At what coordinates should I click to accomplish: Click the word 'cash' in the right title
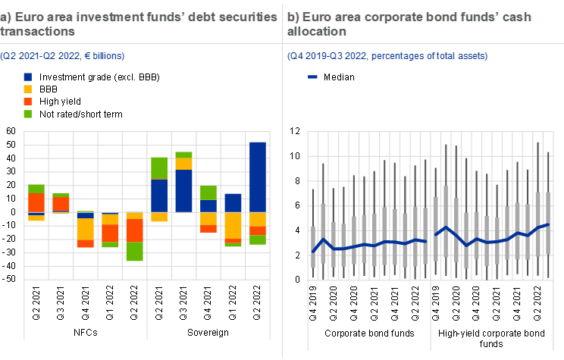[x=518, y=17]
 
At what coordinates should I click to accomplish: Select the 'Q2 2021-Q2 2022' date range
[x=39, y=56]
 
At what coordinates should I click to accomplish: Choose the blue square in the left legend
[x=28, y=77]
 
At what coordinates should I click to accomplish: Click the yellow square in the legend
[x=28, y=89]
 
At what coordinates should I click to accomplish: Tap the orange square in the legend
[x=28, y=102]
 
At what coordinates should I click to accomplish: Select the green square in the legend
[x=28, y=114]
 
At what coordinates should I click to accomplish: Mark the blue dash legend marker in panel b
[x=312, y=77]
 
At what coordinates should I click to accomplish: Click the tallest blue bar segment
[x=258, y=177]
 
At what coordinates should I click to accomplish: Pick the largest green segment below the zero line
[x=135, y=252]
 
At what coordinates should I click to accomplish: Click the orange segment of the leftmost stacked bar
[x=36, y=202]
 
